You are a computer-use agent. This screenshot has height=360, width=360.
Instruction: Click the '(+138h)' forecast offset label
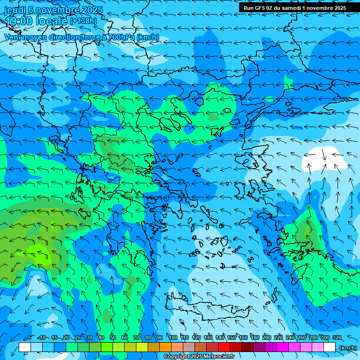coord(83,21)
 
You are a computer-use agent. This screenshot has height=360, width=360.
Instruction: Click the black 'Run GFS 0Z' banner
coord(295,8)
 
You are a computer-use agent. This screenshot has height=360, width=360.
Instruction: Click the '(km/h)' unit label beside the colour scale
coord(348,348)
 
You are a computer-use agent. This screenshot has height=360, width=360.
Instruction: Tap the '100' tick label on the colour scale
coord(173,338)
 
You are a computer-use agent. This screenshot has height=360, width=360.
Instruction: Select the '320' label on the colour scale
coord(337,338)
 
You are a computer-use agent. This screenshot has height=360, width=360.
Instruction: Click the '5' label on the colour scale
coord(30,338)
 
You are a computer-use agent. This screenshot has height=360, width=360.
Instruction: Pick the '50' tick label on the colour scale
coord(113,338)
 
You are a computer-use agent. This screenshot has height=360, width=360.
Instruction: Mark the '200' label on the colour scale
coord(267,338)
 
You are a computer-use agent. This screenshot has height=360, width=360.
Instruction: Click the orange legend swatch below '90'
coord(165,347)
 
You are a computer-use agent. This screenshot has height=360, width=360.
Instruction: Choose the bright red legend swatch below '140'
coord(224,347)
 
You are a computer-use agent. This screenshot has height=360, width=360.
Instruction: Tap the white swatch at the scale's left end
coord(25,347)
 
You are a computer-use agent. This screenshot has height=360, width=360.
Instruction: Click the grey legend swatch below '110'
coord(189,347)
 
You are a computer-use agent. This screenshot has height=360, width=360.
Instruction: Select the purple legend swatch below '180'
coord(259,347)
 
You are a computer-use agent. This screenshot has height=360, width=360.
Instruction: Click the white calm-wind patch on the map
coord(323,159)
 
